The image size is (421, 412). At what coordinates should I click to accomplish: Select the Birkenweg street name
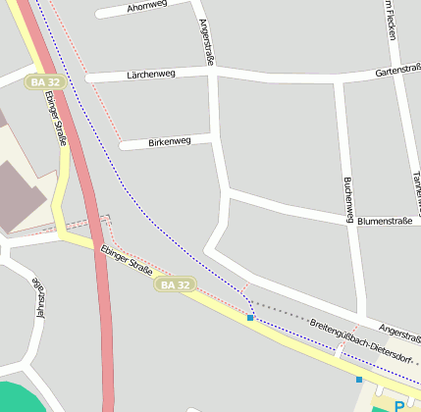(x=166, y=142)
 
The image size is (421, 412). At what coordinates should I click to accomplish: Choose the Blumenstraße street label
(x=384, y=222)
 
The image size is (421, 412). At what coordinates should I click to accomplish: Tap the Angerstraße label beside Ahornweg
(x=206, y=40)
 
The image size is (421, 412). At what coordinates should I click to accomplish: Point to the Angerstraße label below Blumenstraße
(x=398, y=333)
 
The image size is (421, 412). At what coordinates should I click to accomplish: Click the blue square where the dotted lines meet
(x=250, y=318)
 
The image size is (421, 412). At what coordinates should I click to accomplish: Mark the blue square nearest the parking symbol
(x=359, y=379)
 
